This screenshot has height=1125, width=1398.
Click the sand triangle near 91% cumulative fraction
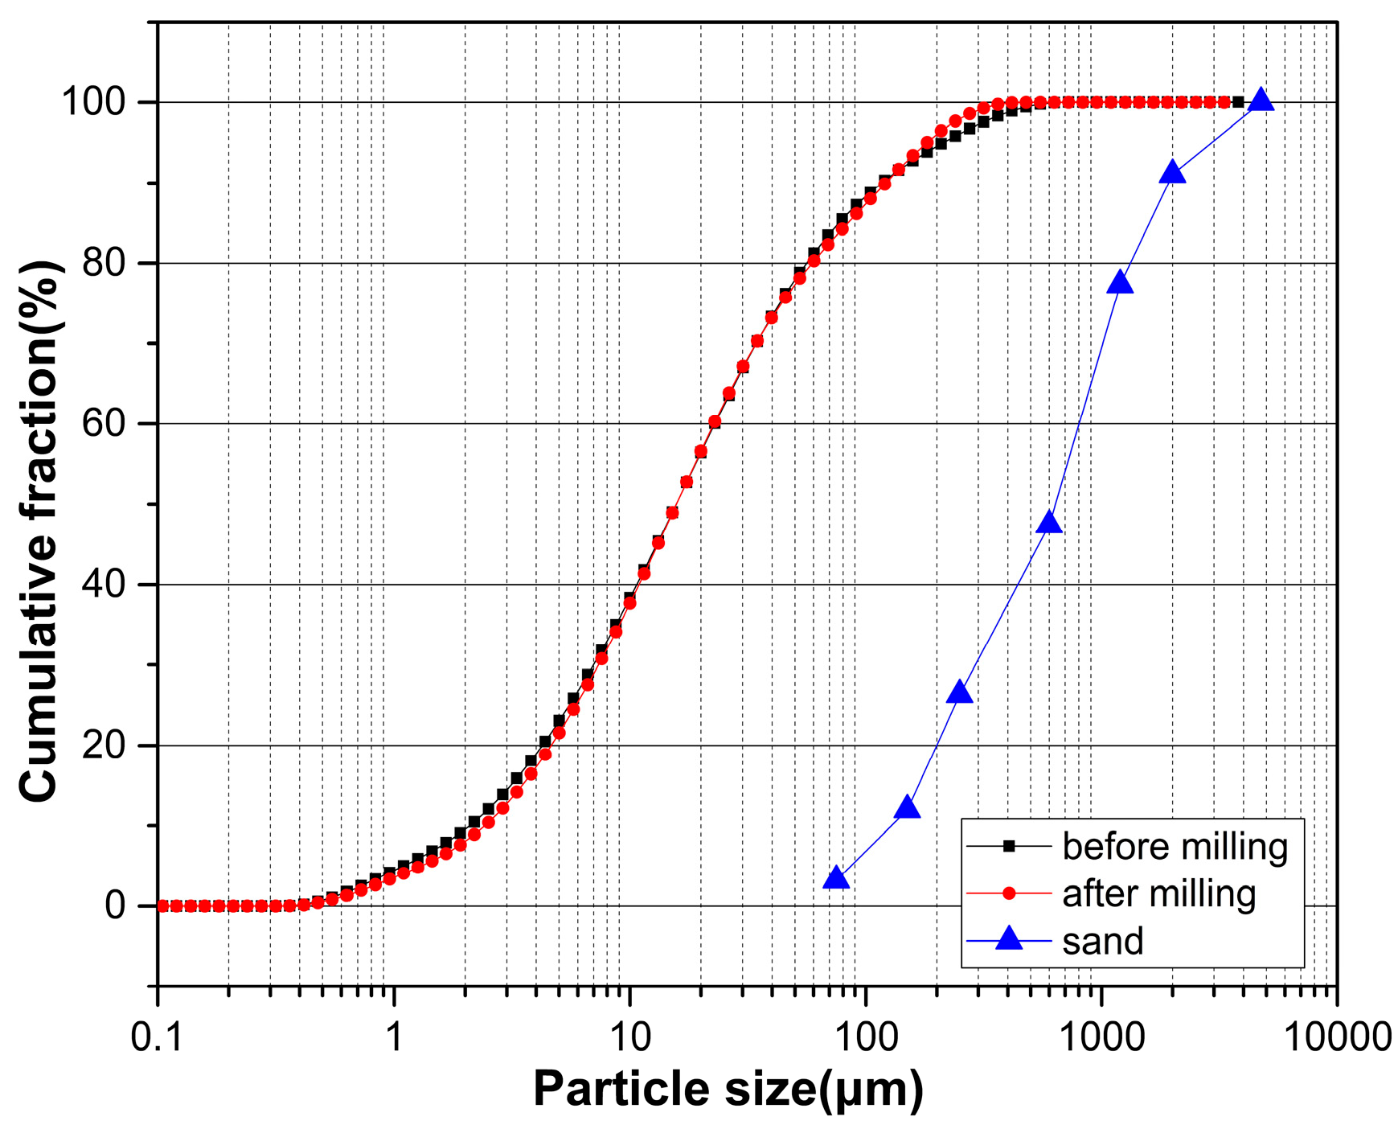pyautogui.click(x=1173, y=173)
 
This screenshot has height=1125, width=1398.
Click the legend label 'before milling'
pyautogui.click(x=1175, y=847)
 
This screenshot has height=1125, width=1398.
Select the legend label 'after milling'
pyautogui.click(x=1158, y=894)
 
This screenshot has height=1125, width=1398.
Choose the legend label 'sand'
pyautogui.click(x=1102, y=941)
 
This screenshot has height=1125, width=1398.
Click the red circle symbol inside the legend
pyautogui.click(x=1009, y=893)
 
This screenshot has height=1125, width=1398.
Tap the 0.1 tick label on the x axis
pyautogui.click(x=157, y=1037)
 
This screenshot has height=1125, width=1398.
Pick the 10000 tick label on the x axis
pyautogui.click(x=1337, y=1037)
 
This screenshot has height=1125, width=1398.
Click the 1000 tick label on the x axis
pyautogui.click(x=1101, y=1037)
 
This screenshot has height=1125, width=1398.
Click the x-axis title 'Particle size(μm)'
pyautogui.click(x=728, y=1090)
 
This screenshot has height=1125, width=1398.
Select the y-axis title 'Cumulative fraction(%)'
pyautogui.click(x=40, y=531)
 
